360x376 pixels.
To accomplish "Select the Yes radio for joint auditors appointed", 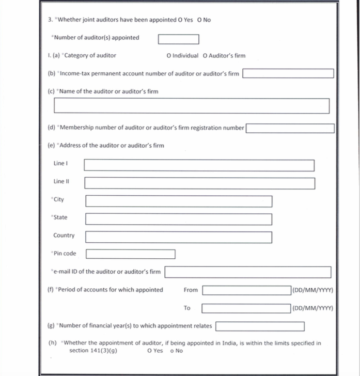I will click(180, 20).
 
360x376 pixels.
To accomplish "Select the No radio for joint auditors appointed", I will click(199, 20).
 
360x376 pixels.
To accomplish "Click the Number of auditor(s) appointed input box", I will click(178, 39).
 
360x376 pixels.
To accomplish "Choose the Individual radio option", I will click(169, 56).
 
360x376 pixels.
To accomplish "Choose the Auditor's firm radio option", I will click(206, 56).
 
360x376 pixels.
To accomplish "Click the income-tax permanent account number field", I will click(288, 73).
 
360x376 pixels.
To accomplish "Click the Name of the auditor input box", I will click(192, 106).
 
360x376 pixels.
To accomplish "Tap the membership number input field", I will click(290, 128).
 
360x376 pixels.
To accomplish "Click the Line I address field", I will click(199, 165).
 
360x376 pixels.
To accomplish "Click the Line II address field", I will click(199, 183).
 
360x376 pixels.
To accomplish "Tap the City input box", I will click(179, 201).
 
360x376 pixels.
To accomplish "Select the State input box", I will click(179, 219).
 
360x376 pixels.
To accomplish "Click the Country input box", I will click(179, 237).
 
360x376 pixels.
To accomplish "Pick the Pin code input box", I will click(130, 254).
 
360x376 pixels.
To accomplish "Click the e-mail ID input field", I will click(247, 272).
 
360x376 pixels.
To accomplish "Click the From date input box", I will click(246, 290).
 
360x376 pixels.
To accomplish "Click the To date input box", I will click(246, 308).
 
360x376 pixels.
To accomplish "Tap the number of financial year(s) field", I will click(260, 326).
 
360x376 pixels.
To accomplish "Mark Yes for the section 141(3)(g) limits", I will click(149, 351).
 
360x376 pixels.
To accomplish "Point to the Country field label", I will click(64, 236).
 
